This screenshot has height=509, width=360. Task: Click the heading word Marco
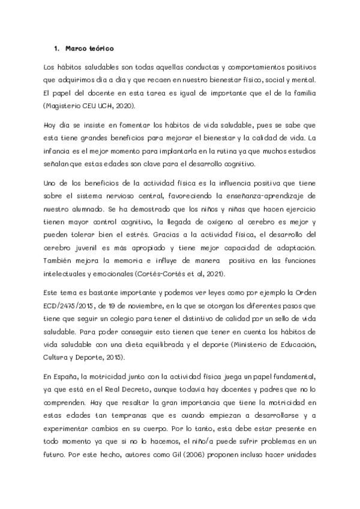click(74, 48)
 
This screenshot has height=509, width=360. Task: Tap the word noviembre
click(136, 304)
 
